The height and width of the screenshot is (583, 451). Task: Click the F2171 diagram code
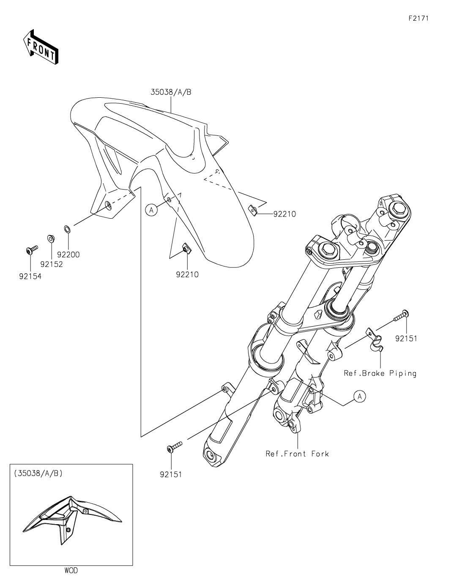coord(418,18)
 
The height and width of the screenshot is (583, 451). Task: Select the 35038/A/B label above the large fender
coord(171,92)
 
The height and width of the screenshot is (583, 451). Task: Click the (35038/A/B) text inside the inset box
coord(38,473)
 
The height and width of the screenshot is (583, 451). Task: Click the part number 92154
coord(30,276)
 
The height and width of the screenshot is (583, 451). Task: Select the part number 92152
coord(52,264)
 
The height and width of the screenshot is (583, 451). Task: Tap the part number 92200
coord(68,255)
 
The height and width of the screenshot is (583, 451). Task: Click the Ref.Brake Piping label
coord(380,374)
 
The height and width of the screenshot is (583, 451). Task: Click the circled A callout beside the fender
coord(151,210)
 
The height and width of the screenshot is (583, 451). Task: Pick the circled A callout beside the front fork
coord(360,396)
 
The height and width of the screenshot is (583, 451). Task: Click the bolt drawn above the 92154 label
coord(32,249)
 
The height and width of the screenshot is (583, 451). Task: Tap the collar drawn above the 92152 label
coord(50,238)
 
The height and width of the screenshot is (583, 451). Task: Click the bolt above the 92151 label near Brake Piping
coord(401,315)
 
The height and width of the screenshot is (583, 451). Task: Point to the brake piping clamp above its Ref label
coord(374,340)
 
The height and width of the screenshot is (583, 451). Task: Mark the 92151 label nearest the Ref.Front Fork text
coord(171,475)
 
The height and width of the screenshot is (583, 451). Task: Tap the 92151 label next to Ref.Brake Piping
coord(406,338)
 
